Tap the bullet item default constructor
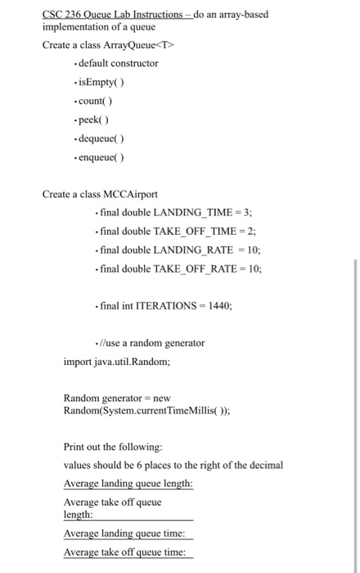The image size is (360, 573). [x=119, y=63]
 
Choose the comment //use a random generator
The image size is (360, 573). [x=152, y=342]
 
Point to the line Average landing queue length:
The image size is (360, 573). [x=128, y=483]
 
